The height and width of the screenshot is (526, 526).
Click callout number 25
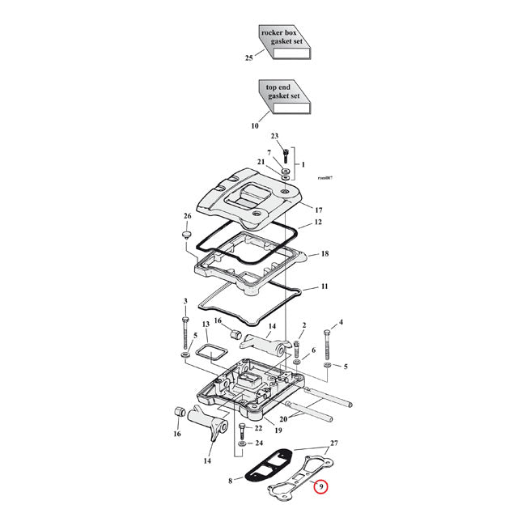249,57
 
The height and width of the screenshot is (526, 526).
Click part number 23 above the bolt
274,136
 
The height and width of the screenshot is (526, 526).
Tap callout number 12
318,222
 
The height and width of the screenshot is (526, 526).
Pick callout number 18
324,253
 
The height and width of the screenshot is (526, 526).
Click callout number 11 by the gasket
324,286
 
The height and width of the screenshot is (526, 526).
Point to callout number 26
187,216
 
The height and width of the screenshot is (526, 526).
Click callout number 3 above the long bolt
185,302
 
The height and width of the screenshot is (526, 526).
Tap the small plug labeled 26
185,235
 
